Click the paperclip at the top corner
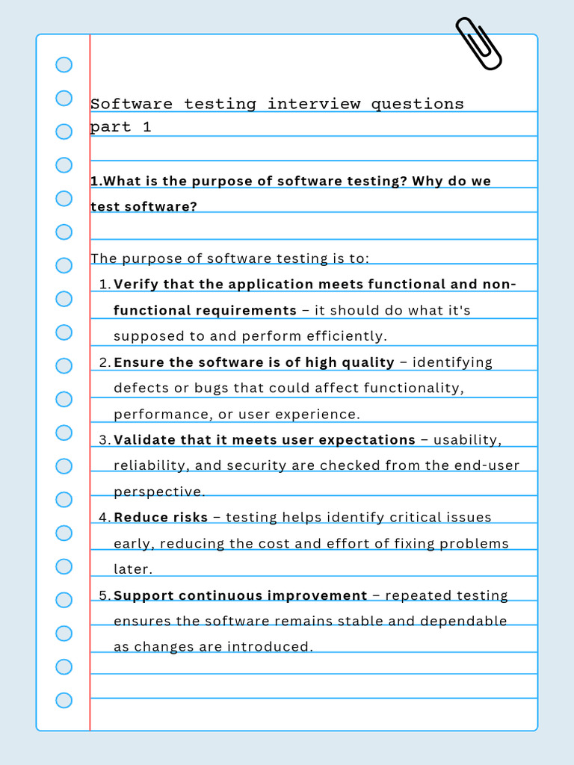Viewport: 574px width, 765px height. coord(478,44)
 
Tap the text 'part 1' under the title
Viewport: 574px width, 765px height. coord(120,127)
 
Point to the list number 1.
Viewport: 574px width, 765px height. coord(104,285)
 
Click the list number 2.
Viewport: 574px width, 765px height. coord(104,362)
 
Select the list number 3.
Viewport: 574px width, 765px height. coord(104,440)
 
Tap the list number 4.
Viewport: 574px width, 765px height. coord(104,518)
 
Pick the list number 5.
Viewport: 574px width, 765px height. coord(104,595)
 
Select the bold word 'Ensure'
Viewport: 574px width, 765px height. coord(139,362)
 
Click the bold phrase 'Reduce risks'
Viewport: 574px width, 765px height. coord(161,518)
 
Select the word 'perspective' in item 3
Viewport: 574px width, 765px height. coord(158,492)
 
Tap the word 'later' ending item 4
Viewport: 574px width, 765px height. coord(132,569)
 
